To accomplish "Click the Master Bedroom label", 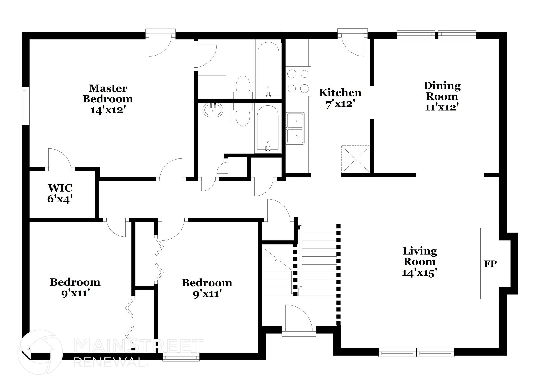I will click(108, 99).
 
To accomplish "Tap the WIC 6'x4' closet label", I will click(60, 193).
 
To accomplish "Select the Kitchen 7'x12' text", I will click(340, 98).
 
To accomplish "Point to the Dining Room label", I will click(442, 96).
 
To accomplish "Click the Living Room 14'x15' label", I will click(420, 261).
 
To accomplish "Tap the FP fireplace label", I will click(490, 264).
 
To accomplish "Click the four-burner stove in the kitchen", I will click(298, 81).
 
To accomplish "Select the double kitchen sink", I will click(295, 128).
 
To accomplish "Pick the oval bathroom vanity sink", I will click(213, 110).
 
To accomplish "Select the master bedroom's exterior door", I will click(160, 45).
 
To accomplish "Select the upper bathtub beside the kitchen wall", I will click(268, 69).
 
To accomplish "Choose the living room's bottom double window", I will click(416, 352).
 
